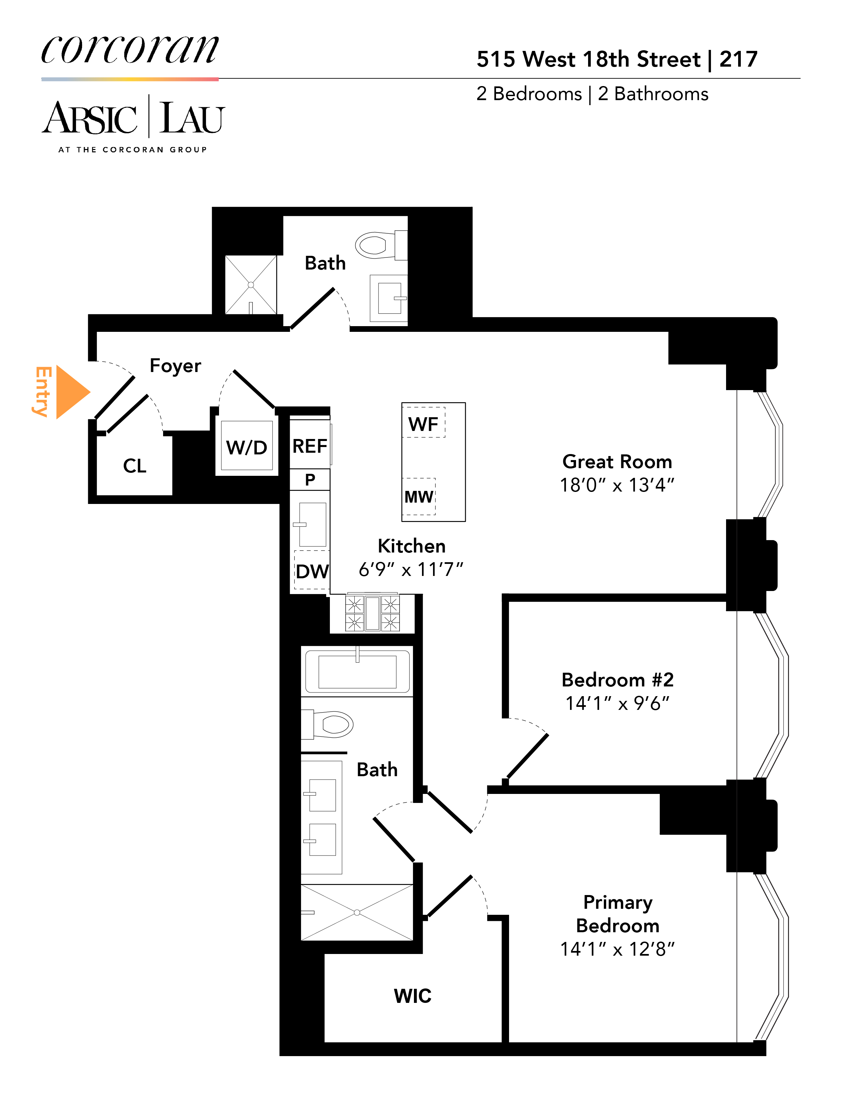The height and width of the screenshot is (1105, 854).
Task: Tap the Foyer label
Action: click(x=175, y=366)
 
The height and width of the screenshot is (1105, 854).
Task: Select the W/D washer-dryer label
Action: click(x=246, y=448)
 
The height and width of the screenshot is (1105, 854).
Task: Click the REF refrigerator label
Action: click(x=310, y=446)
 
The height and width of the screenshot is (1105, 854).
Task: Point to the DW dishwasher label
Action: click(x=312, y=572)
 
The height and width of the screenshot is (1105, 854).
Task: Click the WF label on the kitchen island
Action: click(x=423, y=424)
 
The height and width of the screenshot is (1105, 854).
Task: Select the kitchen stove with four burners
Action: click(x=372, y=613)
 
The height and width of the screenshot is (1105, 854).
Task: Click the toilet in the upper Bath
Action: click(x=377, y=245)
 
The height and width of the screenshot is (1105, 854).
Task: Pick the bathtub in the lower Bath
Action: click(x=357, y=671)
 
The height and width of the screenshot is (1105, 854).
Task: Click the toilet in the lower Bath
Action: click(x=331, y=724)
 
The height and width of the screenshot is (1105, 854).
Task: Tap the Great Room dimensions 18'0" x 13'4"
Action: click(x=617, y=485)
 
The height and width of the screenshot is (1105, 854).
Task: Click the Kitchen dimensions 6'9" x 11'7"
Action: click(x=411, y=570)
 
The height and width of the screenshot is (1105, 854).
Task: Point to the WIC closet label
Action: click(x=412, y=996)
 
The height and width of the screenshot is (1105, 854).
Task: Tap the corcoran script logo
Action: click(x=130, y=51)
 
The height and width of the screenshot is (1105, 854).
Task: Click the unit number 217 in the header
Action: click(x=738, y=60)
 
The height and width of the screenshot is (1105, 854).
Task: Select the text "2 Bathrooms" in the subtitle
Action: click(x=653, y=94)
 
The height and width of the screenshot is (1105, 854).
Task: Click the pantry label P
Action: click(x=310, y=479)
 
